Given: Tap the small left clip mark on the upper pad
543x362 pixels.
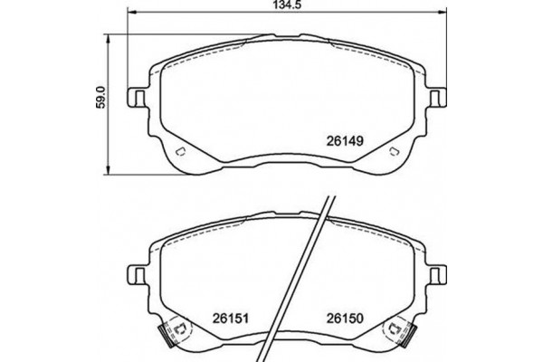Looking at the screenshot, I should [179, 150].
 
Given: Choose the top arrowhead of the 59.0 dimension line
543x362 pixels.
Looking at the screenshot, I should [110, 36].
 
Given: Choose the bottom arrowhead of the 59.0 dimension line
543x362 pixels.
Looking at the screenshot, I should [110, 171].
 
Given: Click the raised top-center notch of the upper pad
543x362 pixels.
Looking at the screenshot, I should [290, 35].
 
